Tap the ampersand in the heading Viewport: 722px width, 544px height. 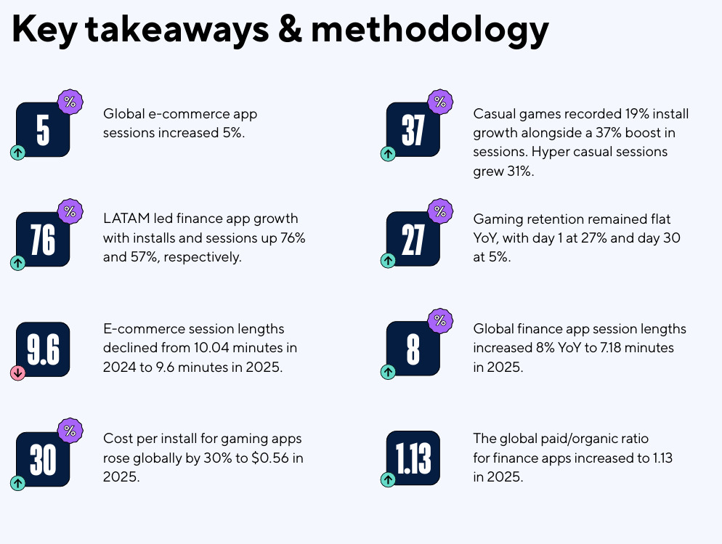point(286,31)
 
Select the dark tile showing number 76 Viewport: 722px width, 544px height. point(43,238)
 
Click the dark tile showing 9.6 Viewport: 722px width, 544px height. point(43,349)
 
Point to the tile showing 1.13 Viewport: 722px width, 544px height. point(413,459)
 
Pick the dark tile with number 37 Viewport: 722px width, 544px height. point(413,130)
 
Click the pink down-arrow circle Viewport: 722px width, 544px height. point(18,373)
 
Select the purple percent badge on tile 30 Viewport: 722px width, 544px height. point(70,430)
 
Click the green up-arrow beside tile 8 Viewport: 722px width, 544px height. point(389,373)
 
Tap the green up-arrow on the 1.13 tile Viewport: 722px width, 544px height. point(389,480)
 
